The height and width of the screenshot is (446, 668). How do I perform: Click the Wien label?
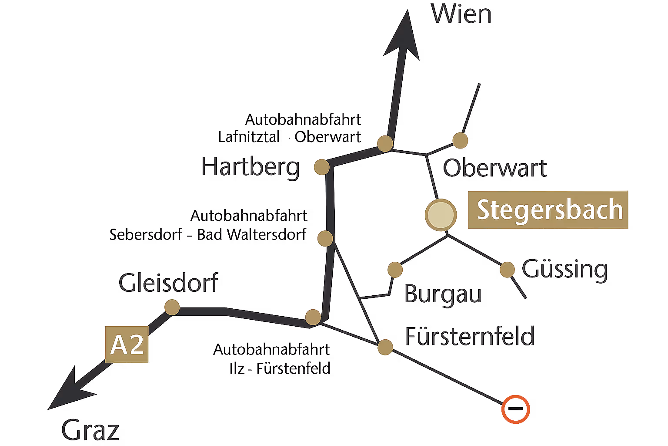click(x=461, y=15)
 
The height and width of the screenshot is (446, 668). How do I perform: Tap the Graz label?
click(x=90, y=431)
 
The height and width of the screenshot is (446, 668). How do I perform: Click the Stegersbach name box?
click(x=548, y=209)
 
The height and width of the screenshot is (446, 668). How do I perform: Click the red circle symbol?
click(x=515, y=409)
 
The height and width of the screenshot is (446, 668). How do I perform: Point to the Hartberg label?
click(x=251, y=167)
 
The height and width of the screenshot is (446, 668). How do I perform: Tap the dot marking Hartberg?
click(x=322, y=167)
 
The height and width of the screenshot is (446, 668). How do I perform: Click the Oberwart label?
click(x=494, y=169)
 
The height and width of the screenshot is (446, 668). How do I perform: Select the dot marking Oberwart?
click(x=460, y=140)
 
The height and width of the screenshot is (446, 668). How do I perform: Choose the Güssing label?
click(x=564, y=270)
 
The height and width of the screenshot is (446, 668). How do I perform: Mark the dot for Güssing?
click(x=507, y=269)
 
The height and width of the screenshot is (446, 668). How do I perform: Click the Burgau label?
click(x=443, y=294)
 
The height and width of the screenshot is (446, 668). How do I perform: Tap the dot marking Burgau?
click(x=395, y=270)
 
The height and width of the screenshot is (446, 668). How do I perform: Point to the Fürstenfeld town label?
click(x=470, y=337)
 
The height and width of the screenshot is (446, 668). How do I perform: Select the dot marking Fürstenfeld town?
click(x=385, y=347)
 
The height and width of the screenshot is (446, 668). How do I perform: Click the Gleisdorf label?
click(x=168, y=283)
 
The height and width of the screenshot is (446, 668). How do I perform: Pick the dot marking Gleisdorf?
click(x=172, y=307)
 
